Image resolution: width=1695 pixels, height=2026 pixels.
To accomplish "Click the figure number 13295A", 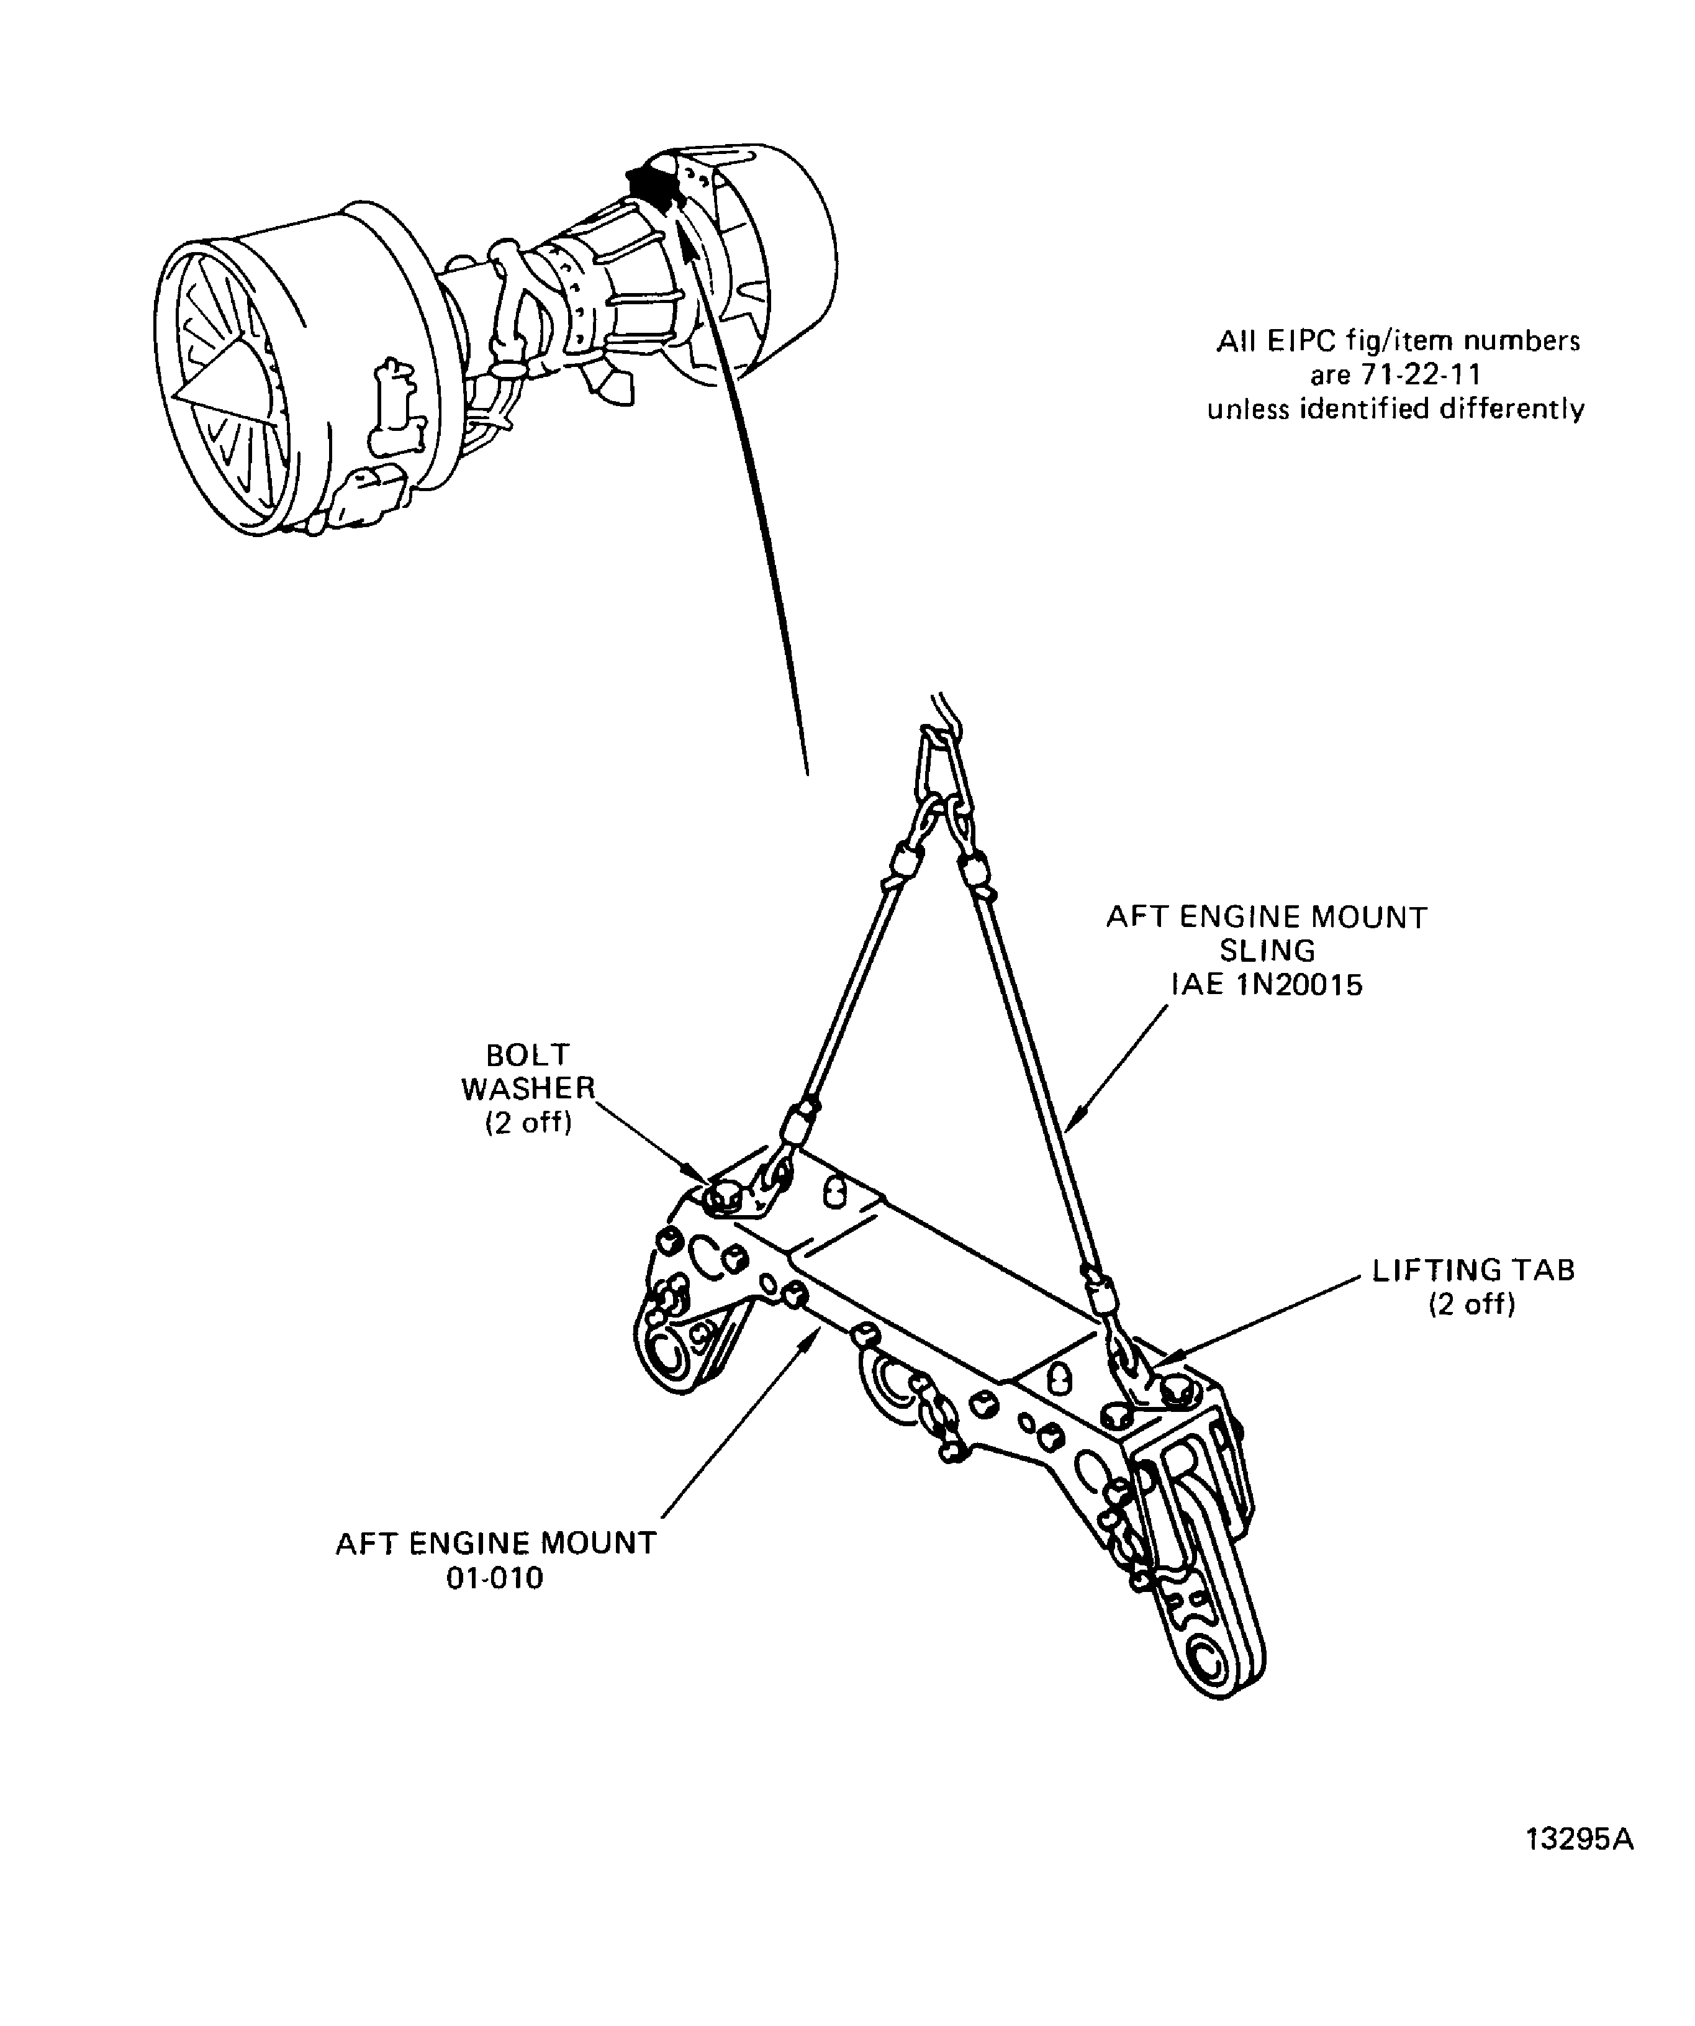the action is click(1580, 1840).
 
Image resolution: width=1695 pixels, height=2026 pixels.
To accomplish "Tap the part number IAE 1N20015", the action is click(1267, 985).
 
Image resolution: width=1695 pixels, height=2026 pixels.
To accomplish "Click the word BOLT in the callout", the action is click(528, 1054).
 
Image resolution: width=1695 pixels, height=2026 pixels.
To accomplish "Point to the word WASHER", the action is click(528, 1088).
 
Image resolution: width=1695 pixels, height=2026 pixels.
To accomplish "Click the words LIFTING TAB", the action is click(1473, 1270).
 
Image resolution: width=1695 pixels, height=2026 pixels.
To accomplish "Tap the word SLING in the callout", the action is click(1267, 951).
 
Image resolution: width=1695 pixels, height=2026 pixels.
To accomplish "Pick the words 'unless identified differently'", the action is click(1396, 409).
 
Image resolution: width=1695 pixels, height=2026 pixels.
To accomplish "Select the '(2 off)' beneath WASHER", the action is click(528, 1123).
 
